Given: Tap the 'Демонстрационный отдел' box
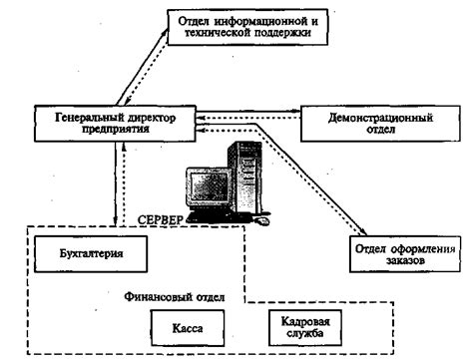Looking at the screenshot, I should click(x=370, y=124).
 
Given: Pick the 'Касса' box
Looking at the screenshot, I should click(x=189, y=326).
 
